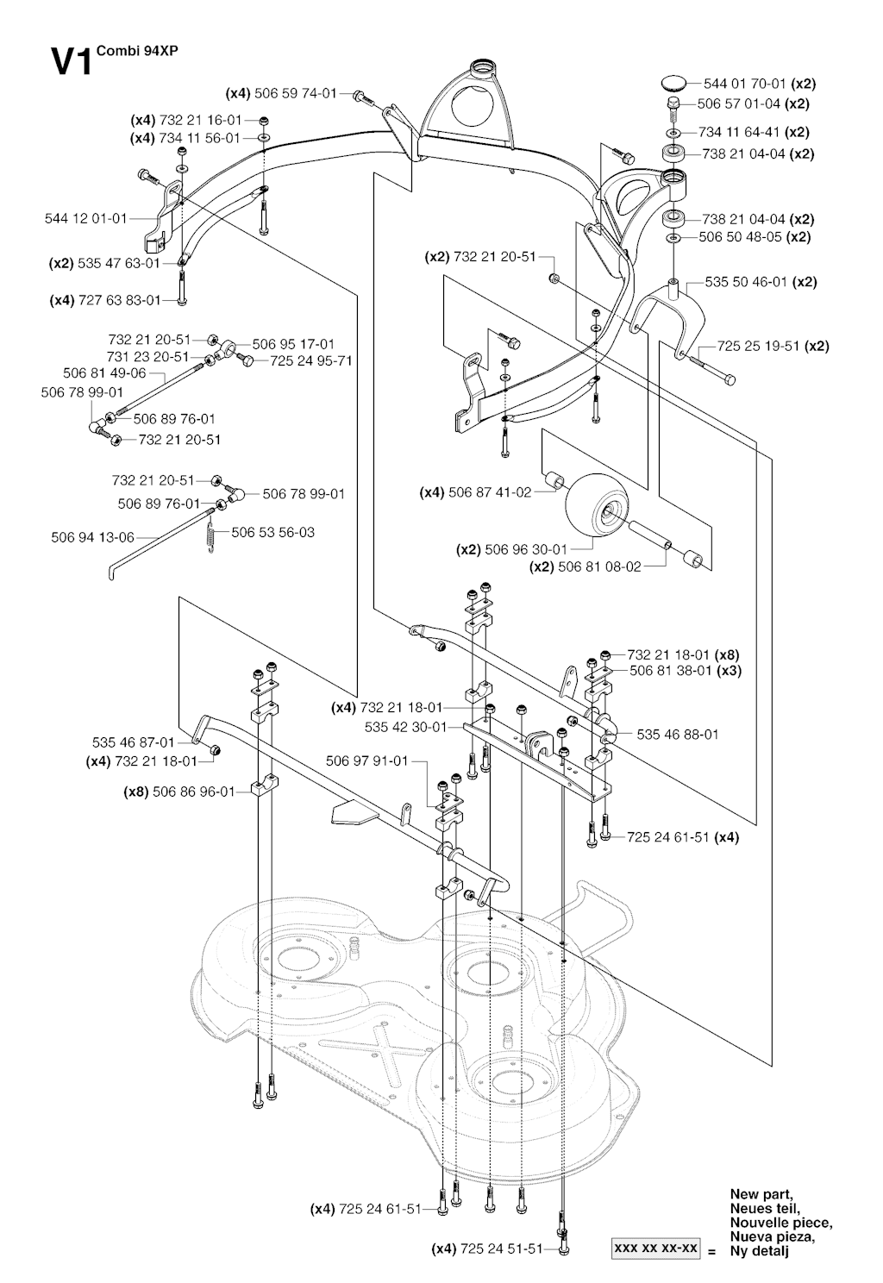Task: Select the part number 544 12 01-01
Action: [x=85, y=218]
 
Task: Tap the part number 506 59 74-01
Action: [x=296, y=93]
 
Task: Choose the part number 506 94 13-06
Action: [x=93, y=537]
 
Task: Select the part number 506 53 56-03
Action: [x=272, y=532]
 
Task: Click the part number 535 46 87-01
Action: [x=134, y=742]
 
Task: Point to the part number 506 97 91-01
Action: [x=367, y=760]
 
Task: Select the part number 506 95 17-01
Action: [x=293, y=344]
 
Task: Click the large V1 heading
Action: [x=71, y=62]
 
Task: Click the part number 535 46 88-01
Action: [x=678, y=734]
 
